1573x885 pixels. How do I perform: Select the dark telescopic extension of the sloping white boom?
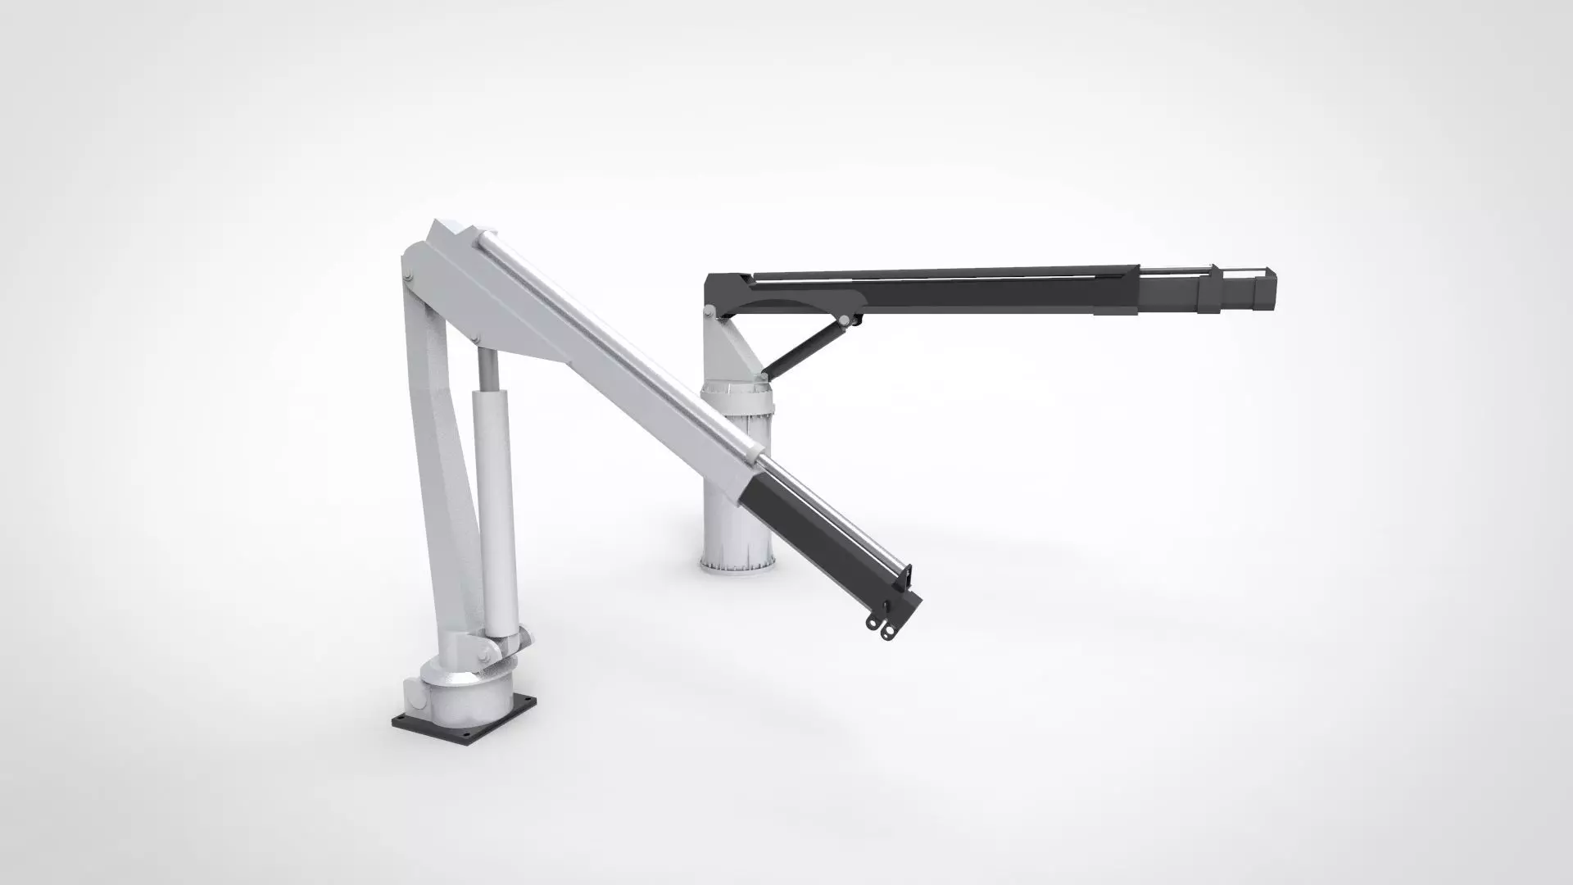pyautogui.click(x=827, y=541)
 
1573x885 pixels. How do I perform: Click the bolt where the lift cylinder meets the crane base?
pyautogui.click(x=486, y=652)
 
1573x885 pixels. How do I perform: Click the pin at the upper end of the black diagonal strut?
pyautogui.click(x=844, y=318)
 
